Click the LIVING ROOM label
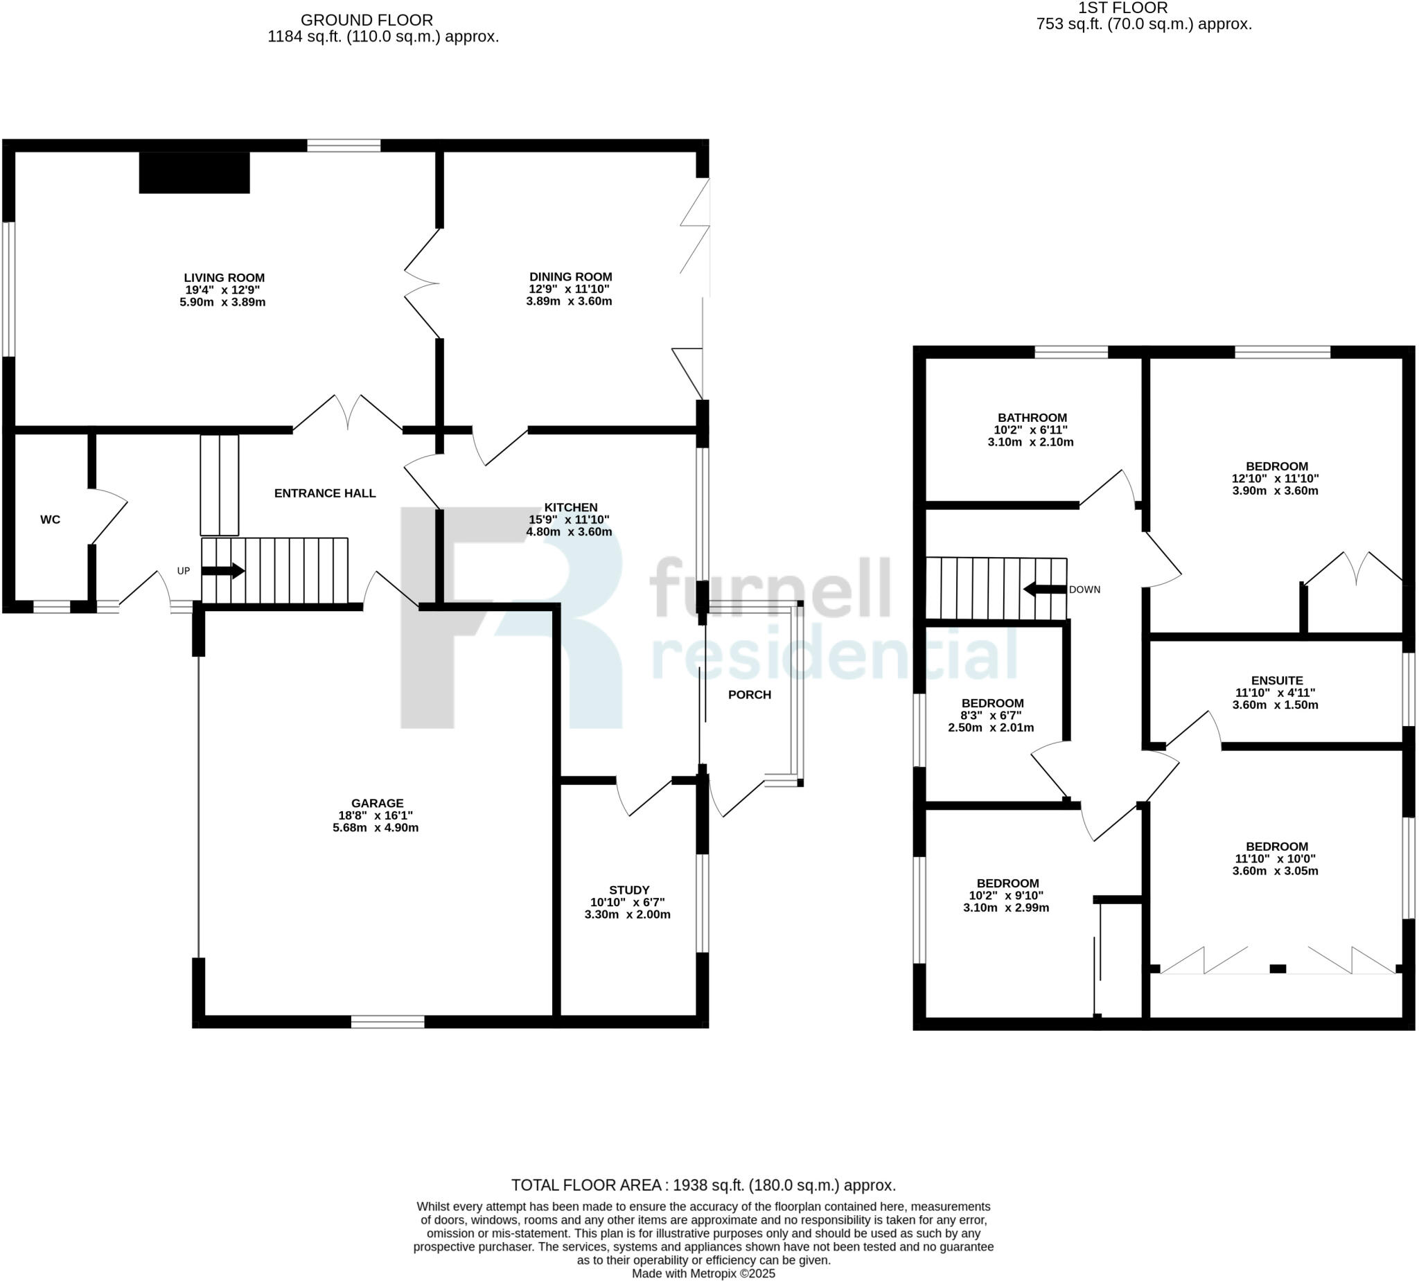click(224, 278)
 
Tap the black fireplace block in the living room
click(194, 173)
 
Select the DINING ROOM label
click(570, 277)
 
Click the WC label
click(50, 520)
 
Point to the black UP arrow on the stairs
click(222, 571)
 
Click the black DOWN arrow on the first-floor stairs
click(1045, 589)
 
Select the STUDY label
click(628, 890)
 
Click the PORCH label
click(749, 696)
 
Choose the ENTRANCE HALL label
click(324, 493)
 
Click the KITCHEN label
click(570, 507)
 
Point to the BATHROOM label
click(1032, 418)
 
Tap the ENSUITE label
click(1277, 680)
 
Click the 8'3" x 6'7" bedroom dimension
click(991, 716)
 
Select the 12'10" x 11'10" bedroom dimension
click(1276, 479)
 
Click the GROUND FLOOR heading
click(367, 20)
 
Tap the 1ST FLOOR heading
click(1122, 8)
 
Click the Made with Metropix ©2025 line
click(703, 1273)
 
